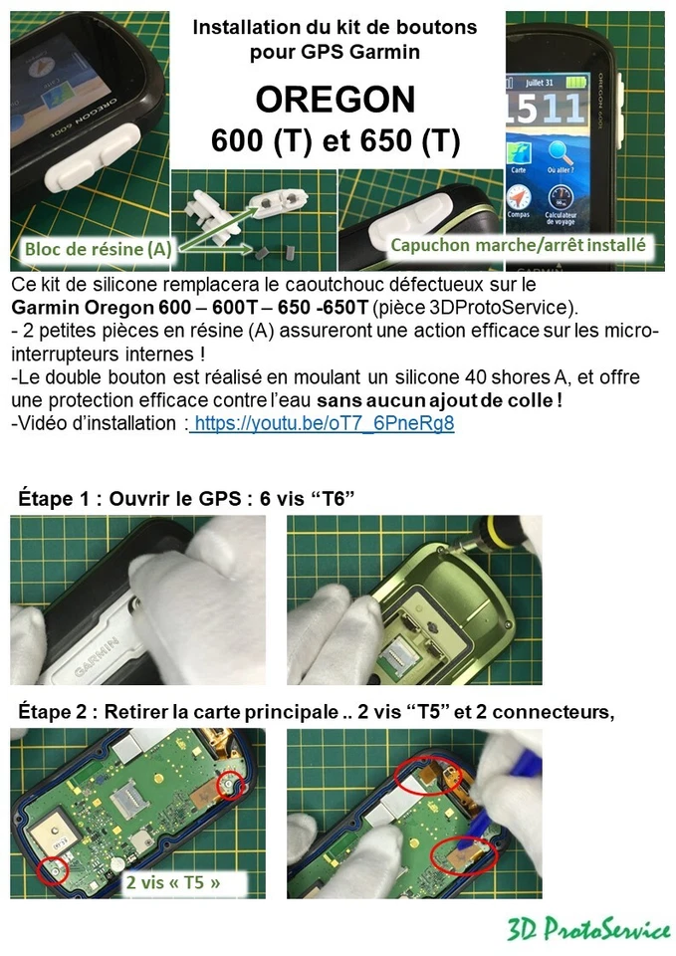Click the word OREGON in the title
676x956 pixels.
point(336,100)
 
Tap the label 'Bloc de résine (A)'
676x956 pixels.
point(97,249)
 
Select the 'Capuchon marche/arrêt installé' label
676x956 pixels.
point(518,244)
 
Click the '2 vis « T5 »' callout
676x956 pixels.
point(173,881)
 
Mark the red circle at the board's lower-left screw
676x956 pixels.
point(54,871)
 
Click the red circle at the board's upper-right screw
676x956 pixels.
point(230,785)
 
